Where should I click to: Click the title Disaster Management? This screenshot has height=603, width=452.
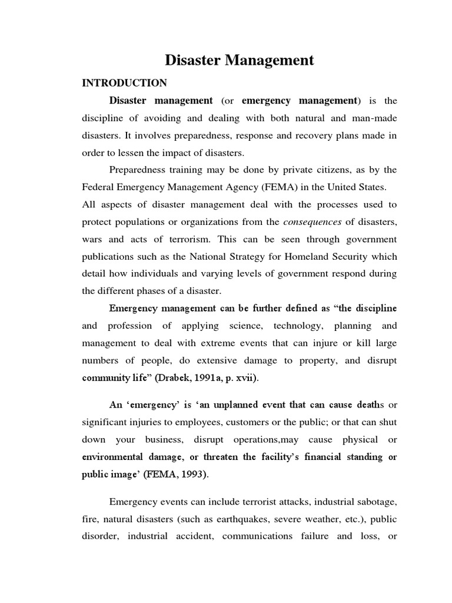(x=239, y=60)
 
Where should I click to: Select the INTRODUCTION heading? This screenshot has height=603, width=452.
(x=124, y=83)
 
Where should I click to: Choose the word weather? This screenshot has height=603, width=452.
(x=325, y=519)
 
